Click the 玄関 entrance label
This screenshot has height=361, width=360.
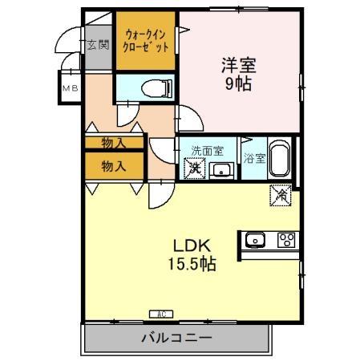(98, 44)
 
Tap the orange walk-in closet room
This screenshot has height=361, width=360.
(145, 40)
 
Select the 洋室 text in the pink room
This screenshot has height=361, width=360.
(238, 65)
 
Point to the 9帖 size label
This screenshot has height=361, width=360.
(238, 84)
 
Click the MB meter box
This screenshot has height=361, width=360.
(70, 88)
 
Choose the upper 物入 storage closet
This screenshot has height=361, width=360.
(113, 143)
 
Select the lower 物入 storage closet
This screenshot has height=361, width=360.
(113, 166)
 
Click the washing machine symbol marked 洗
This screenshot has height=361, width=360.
(193, 168)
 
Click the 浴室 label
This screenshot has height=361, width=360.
(253, 159)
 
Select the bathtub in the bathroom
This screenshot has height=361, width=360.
(278, 160)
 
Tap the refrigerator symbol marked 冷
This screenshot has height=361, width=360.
(281, 194)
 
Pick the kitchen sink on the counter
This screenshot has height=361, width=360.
(256, 239)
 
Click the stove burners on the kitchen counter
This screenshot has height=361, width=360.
(286, 239)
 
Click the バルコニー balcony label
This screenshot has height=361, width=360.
(177, 338)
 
